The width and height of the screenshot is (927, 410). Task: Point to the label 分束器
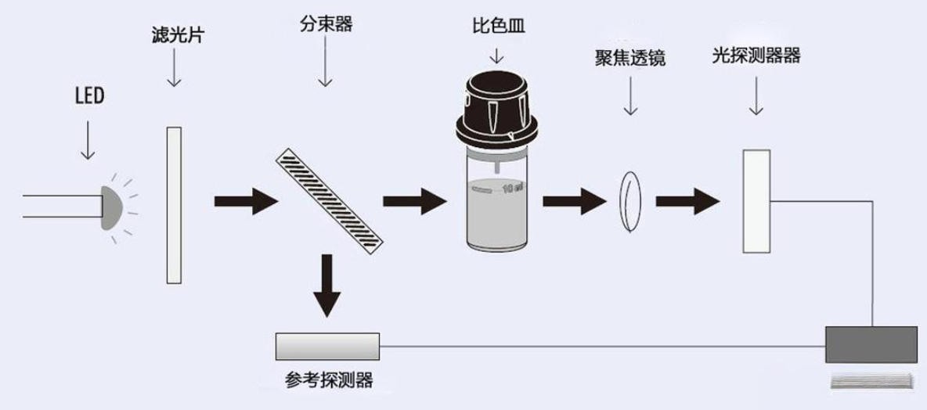click(x=326, y=23)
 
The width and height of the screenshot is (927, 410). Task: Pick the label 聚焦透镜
click(x=629, y=59)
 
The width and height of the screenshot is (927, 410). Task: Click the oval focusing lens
click(x=629, y=202)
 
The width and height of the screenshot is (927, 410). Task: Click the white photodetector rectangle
click(x=756, y=201)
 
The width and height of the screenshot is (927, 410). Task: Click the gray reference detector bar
click(x=327, y=343)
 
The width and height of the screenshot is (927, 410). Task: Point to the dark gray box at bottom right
click(x=871, y=344)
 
